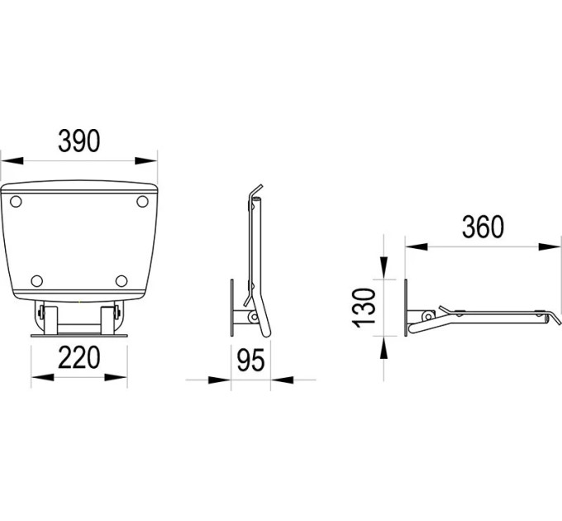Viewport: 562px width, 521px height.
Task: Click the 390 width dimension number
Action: click(x=79, y=141)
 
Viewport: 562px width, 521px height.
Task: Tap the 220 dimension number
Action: click(x=79, y=357)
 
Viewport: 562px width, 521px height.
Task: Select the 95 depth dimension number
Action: click(x=250, y=360)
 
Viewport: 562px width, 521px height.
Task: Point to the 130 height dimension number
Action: click(x=364, y=308)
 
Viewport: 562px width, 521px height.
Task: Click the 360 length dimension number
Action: click(x=483, y=227)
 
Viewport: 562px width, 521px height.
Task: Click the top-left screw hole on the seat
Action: click(x=16, y=202)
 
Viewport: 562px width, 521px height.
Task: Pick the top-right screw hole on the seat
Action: click(x=142, y=202)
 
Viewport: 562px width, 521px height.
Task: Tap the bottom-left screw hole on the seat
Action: click(x=37, y=280)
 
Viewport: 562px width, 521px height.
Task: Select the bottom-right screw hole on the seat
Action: click(x=121, y=280)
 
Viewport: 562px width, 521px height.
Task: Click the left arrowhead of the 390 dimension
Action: click(x=12, y=160)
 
